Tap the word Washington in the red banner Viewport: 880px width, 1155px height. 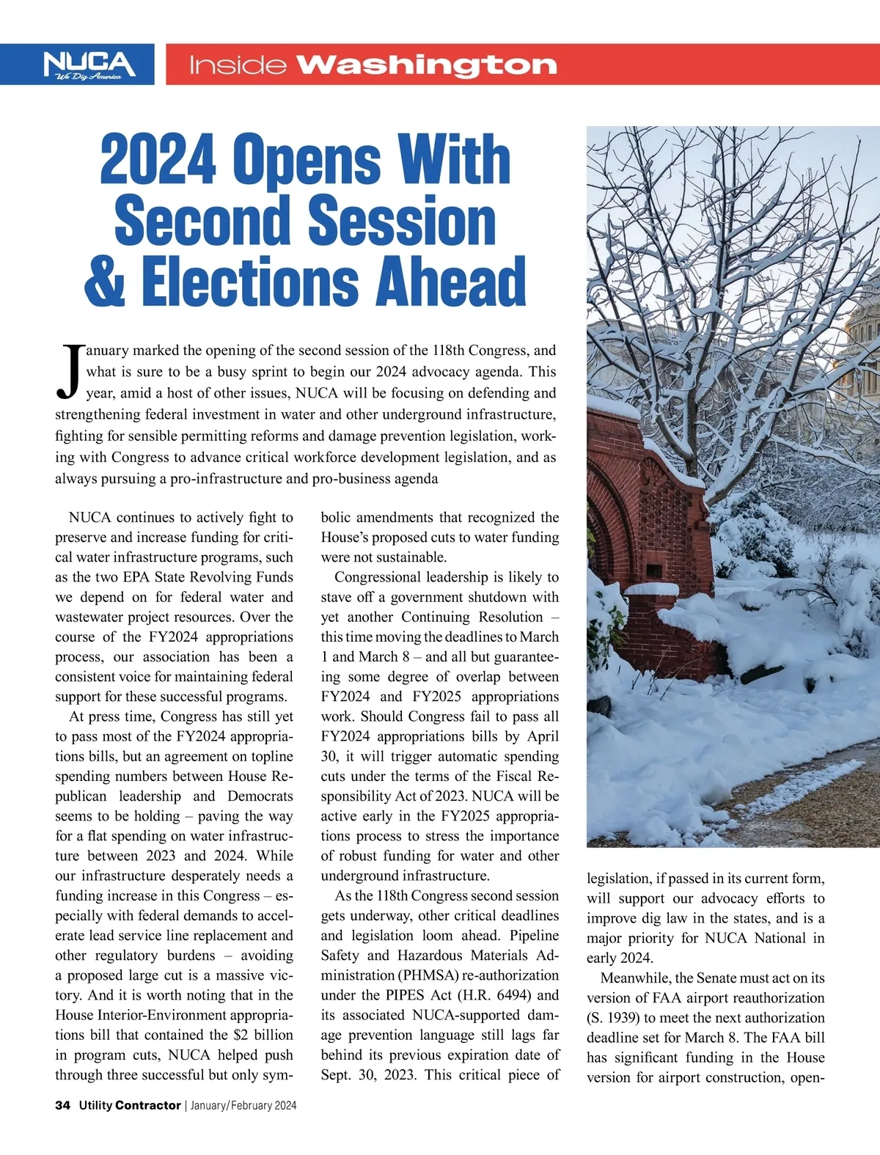[427, 65]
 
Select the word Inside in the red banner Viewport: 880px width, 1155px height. [237, 66]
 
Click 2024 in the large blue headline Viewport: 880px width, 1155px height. [158, 161]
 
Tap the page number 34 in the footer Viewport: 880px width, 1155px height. [62, 1105]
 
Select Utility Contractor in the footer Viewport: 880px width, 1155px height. [130, 1105]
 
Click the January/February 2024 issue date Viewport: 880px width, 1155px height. [243, 1105]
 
